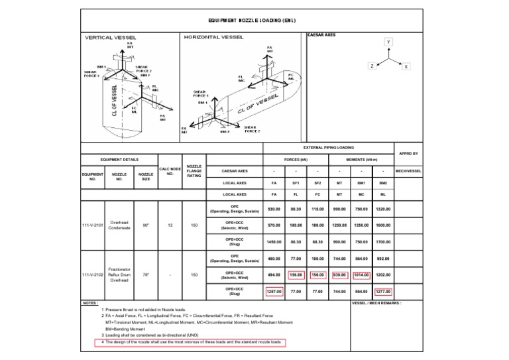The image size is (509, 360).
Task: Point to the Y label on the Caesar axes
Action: click(389, 41)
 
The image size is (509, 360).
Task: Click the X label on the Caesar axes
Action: click(406, 67)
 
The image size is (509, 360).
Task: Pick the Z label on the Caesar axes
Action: click(372, 67)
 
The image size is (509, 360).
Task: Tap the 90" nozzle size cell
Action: click(145, 225)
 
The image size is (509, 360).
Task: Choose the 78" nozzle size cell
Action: click(145, 274)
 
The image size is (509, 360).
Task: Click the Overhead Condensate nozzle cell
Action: click(119, 225)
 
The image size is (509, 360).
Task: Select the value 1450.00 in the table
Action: click(274, 242)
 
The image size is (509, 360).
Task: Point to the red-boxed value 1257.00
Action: click(274, 290)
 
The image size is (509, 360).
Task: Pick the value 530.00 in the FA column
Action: click(274, 209)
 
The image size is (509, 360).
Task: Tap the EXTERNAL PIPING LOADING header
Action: click(329, 147)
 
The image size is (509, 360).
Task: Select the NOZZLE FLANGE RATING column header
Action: click(195, 171)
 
